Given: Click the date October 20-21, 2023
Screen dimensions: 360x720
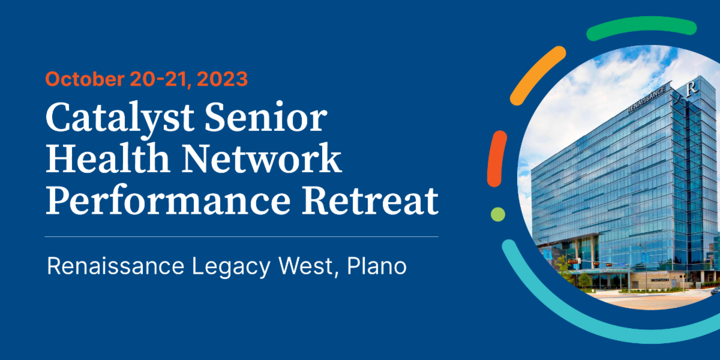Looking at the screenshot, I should click(x=146, y=79).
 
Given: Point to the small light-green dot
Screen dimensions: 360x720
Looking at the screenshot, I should click(x=497, y=214).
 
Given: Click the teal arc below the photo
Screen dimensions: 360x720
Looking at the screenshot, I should click(x=576, y=312).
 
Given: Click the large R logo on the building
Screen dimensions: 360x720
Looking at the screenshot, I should click(x=694, y=88).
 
